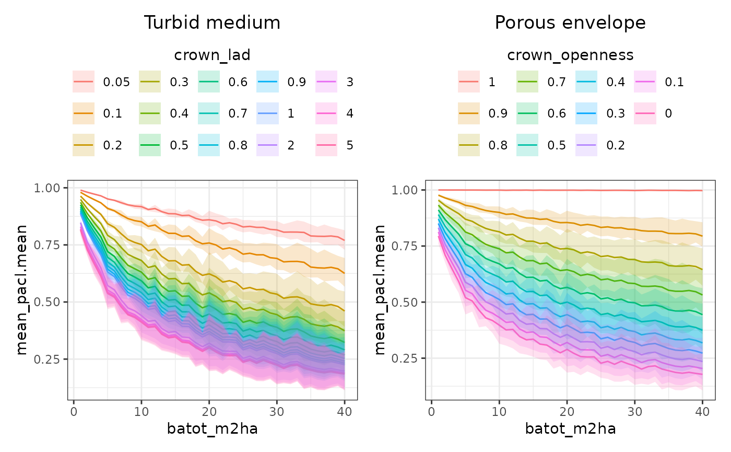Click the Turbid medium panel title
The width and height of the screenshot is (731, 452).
click(x=212, y=23)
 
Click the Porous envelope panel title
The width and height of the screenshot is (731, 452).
click(x=570, y=23)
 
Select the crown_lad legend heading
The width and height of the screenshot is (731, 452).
click(x=212, y=55)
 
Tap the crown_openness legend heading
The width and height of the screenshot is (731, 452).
click(x=570, y=55)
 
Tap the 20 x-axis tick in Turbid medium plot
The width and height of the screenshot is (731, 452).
click(x=209, y=410)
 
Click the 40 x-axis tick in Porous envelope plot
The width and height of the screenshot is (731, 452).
click(x=702, y=410)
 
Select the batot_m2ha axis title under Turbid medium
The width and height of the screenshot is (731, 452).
click(x=212, y=428)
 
